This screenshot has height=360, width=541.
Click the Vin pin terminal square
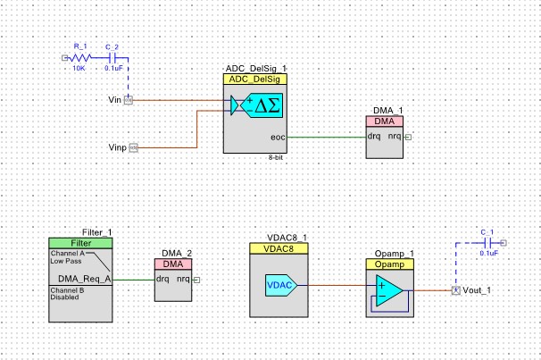pos(128,100)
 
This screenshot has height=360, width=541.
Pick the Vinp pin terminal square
pos(134,146)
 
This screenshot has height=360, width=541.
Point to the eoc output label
pos(278,138)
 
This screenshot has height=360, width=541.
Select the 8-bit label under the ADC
pos(276,157)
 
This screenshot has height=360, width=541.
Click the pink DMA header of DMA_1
pos(385,121)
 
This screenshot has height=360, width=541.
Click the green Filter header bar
pos(79,243)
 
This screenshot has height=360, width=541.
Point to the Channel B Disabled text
pos(66,293)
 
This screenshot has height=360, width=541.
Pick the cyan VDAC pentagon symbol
pos(283,286)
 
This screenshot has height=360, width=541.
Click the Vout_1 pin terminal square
pos(454,291)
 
